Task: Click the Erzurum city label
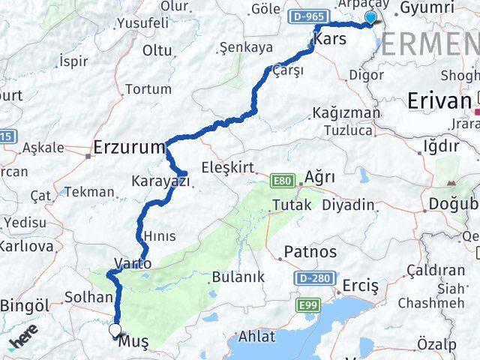[x=129, y=148]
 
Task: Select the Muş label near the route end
[x=133, y=342]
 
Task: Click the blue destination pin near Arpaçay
[x=370, y=18]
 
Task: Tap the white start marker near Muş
[x=115, y=329]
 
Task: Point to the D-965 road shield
[x=307, y=15]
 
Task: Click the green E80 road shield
[x=283, y=181]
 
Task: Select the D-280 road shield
[x=313, y=278]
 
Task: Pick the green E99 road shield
[x=307, y=305]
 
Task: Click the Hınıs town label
[x=159, y=236]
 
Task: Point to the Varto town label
[x=133, y=263]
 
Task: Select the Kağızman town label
[x=346, y=113]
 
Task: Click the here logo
[x=23, y=342]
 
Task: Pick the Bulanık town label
[x=238, y=277]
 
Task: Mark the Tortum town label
[x=148, y=89]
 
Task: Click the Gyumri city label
[x=427, y=8]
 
